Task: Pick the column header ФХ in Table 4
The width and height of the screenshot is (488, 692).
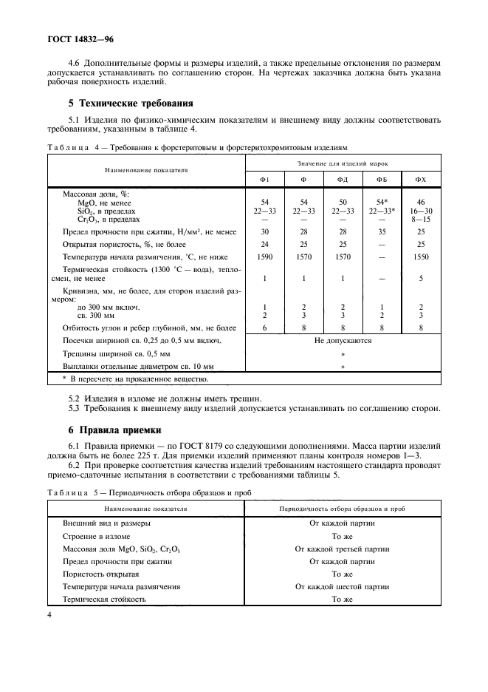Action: coord(421,180)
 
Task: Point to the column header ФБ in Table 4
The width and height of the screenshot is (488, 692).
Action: coord(382,180)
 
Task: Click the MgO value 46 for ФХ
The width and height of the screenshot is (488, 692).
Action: coord(421,201)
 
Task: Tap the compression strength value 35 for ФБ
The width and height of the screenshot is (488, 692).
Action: coord(382,231)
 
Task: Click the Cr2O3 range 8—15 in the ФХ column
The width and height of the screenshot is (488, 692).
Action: coord(421,219)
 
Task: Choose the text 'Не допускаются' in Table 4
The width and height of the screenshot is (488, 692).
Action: coord(343,341)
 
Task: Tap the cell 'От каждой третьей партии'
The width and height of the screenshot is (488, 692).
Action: coord(342,549)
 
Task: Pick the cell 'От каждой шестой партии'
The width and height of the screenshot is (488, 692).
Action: coord(342,586)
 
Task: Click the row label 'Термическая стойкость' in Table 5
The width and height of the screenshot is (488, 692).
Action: coord(104,599)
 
